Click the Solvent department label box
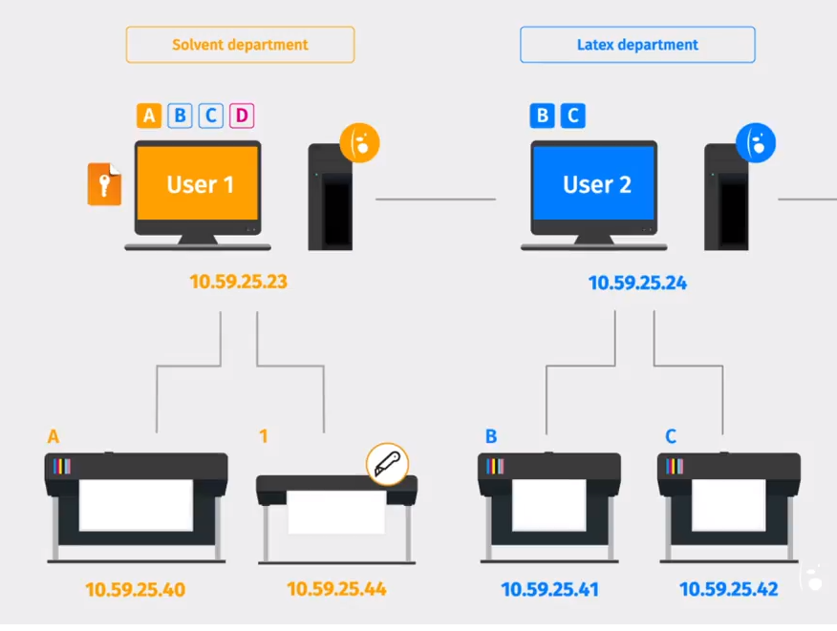240,45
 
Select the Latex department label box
637,45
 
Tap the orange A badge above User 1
148,116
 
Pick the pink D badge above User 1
242,116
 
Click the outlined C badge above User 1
210,116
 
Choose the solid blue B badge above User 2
542,116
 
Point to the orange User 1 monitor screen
199,184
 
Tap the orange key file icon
104,184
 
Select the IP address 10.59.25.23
238,282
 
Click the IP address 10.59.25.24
636,283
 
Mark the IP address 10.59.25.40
135,590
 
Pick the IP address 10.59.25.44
336,590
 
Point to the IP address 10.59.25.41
548,590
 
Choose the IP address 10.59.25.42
728,590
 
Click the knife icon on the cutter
387,464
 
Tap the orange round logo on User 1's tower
360,141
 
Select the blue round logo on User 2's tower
756,142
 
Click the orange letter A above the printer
54,436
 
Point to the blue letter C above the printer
671,436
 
